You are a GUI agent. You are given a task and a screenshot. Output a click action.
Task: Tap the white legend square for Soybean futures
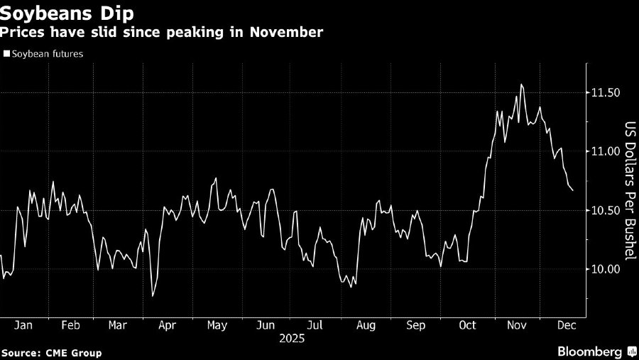[x=6, y=53]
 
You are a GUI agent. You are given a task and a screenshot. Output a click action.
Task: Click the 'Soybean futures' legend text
[x=48, y=53]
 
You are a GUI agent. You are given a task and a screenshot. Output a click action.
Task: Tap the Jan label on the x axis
[x=23, y=325]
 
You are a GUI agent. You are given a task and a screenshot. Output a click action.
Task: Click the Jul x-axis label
[x=315, y=325]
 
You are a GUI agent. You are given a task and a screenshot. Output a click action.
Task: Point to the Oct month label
[x=467, y=325]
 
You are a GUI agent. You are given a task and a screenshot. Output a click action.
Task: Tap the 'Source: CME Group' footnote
[x=51, y=353]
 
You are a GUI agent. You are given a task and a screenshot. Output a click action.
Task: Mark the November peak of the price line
[x=522, y=84]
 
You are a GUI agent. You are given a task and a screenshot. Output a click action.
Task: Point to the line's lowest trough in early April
[x=152, y=296]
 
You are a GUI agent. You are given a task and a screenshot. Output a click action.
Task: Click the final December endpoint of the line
[x=573, y=190]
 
